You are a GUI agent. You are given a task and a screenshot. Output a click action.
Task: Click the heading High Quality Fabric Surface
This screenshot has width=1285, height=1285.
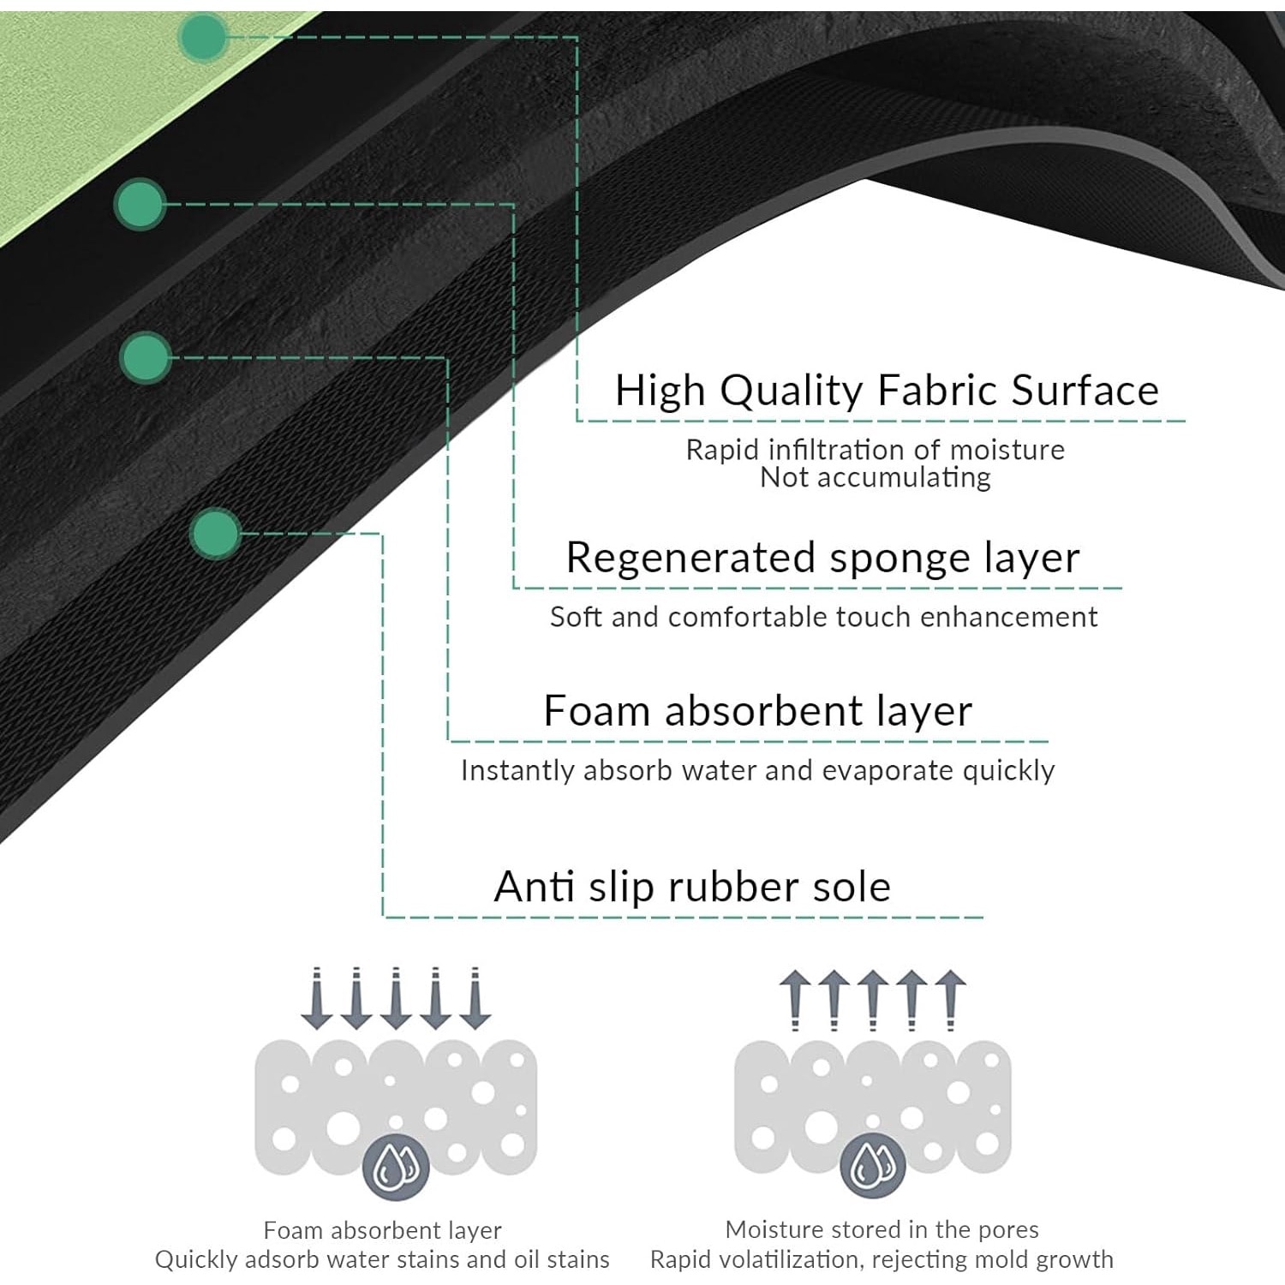[x=887, y=391]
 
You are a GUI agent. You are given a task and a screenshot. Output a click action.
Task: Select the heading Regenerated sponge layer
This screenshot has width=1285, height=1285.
[x=822, y=558]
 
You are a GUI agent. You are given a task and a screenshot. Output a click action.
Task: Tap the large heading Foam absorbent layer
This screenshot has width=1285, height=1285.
[x=758, y=711]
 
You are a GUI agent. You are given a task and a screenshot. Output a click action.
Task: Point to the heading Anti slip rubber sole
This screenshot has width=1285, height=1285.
[x=692, y=887]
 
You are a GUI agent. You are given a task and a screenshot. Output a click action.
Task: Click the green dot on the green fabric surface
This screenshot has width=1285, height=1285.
[x=203, y=37]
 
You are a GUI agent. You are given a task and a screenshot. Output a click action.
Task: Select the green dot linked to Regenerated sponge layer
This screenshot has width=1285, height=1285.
[x=140, y=204]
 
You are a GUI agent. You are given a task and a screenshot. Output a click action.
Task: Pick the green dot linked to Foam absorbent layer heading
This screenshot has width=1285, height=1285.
[x=146, y=356]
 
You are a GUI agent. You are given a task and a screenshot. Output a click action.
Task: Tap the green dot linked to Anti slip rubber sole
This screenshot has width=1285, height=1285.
[x=215, y=533]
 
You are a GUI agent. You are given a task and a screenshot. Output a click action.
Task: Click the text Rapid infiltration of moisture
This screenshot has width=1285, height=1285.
[x=875, y=450]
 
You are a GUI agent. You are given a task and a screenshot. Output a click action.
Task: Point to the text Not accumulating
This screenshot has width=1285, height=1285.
[x=875, y=478]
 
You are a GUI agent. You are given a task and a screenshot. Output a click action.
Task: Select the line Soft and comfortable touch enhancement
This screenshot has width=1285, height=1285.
[x=823, y=617]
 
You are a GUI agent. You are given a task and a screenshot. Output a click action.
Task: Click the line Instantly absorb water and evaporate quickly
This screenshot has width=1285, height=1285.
[x=757, y=771]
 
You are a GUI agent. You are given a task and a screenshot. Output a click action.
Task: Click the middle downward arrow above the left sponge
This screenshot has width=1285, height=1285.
[x=396, y=998]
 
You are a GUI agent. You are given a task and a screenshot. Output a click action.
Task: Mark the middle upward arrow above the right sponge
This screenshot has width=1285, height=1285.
[x=873, y=1000]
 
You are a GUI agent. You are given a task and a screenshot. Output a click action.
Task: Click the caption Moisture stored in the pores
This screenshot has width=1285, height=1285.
[x=882, y=1230]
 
